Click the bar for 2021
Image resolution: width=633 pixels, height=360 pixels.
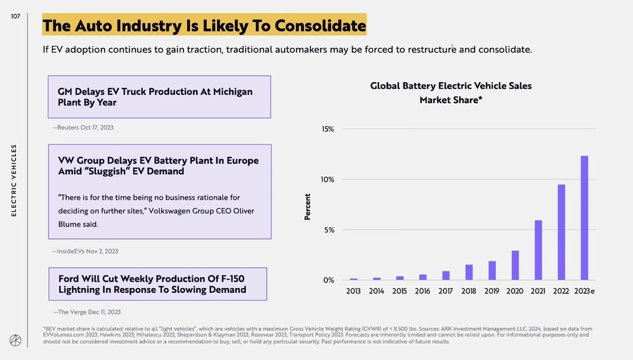click(538, 250)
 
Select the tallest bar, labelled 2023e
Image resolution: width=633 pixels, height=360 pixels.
click(584, 218)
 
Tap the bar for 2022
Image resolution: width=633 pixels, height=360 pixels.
click(561, 232)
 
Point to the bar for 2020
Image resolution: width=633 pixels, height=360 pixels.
click(515, 265)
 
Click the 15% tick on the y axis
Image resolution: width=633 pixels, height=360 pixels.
click(327, 129)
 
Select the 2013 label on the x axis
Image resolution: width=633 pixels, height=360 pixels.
click(353, 291)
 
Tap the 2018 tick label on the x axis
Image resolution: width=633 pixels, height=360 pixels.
click(468, 291)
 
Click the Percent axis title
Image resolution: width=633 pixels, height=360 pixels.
click(308, 206)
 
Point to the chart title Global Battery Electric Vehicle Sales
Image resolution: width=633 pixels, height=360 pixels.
click(451, 86)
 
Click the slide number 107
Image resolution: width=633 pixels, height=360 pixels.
click(16, 17)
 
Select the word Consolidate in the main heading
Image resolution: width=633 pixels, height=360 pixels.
click(320, 26)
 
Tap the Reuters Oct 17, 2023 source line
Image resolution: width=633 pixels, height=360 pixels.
click(83, 128)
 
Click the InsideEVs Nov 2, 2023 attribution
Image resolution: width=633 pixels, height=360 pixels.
click(85, 251)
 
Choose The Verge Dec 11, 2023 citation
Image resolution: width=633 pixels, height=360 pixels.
click(87, 312)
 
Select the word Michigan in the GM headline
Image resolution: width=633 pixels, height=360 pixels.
click(232, 92)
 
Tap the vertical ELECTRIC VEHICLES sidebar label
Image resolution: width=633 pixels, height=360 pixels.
click(14, 180)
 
